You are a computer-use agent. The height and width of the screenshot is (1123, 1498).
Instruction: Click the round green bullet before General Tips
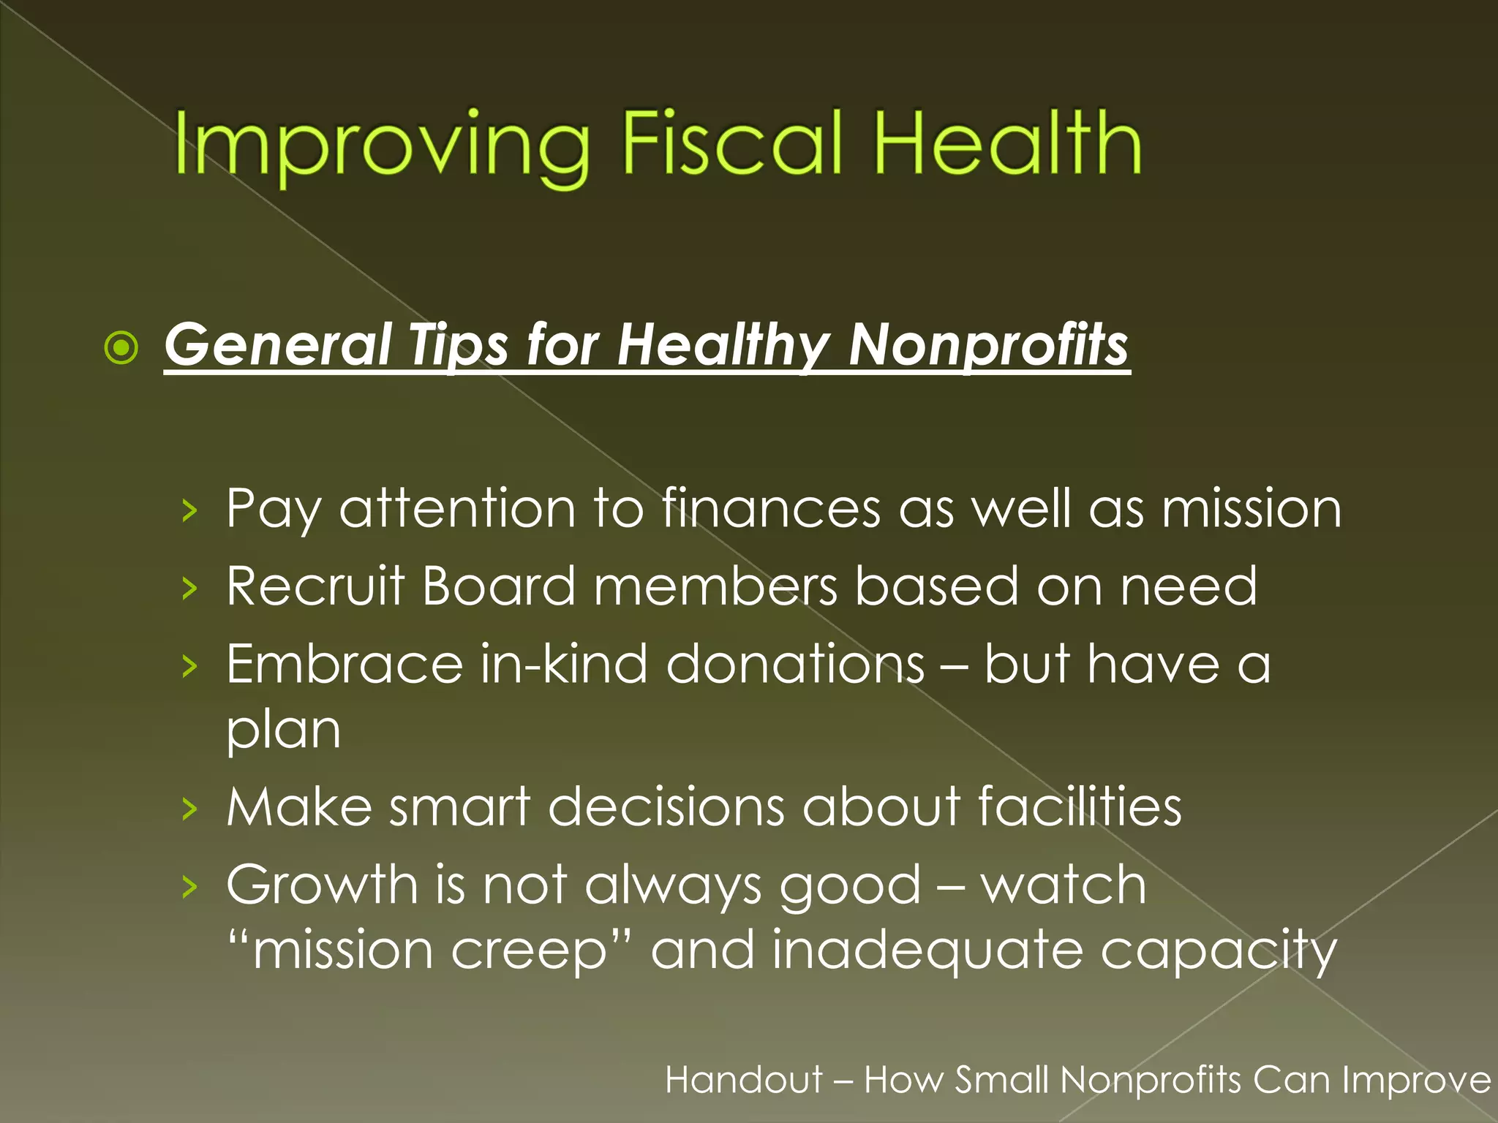121,347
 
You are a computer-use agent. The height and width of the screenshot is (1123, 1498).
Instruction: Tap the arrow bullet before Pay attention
189,510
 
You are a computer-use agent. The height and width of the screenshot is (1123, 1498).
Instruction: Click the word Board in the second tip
499,586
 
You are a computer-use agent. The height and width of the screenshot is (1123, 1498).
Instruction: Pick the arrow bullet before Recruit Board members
189,588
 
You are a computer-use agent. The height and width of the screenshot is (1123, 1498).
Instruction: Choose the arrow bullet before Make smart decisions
189,809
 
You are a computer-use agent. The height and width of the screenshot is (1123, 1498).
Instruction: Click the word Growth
322,885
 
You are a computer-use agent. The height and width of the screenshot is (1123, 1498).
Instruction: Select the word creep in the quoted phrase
528,950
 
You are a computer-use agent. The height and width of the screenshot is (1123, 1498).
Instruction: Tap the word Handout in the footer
744,1080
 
